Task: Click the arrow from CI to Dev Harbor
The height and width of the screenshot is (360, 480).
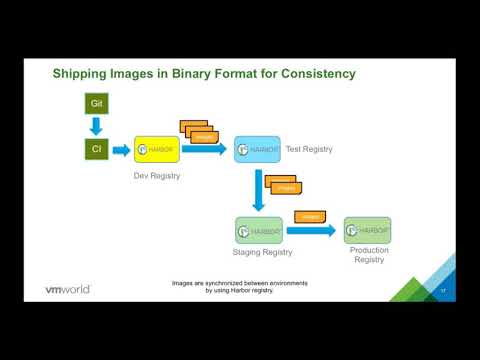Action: (x=120, y=150)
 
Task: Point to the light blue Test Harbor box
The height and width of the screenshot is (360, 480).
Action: (x=257, y=150)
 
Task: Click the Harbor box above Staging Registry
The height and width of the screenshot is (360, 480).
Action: (x=258, y=231)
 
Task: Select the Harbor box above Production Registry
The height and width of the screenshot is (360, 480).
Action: (x=367, y=230)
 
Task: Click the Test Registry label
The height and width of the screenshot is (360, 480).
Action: (x=309, y=150)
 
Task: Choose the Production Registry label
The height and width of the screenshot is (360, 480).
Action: (x=369, y=255)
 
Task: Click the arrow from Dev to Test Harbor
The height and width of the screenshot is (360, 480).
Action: (x=205, y=150)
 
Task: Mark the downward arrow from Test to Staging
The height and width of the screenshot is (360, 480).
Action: (x=258, y=191)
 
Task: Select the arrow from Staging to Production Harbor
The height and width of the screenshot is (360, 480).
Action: (x=311, y=231)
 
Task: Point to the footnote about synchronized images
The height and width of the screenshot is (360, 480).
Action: (x=239, y=287)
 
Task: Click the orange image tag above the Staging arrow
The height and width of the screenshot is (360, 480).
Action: (x=310, y=215)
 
